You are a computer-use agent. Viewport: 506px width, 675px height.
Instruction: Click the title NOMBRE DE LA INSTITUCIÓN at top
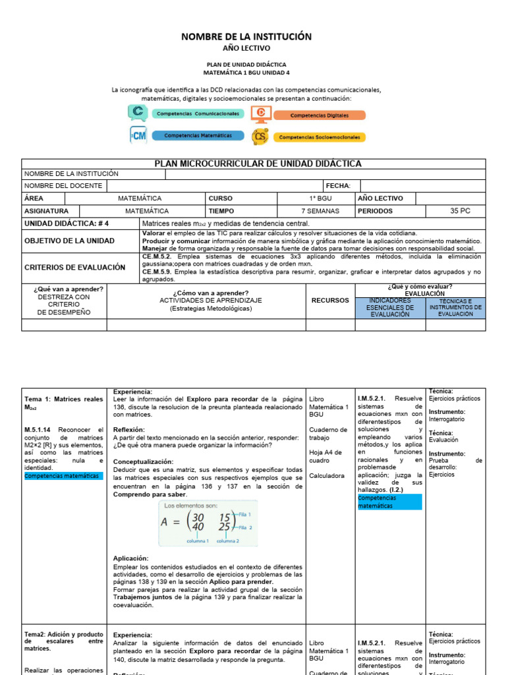coord(246,37)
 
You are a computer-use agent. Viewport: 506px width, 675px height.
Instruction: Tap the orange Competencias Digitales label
coord(319,115)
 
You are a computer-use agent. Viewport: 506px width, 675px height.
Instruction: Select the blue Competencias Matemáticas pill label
coord(198,136)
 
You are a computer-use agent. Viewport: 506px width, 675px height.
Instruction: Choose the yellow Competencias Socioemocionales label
coord(319,137)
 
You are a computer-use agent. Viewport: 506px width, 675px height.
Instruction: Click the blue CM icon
coord(138,136)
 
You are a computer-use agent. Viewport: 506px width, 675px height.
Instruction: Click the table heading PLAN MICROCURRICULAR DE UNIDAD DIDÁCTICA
coord(258,164)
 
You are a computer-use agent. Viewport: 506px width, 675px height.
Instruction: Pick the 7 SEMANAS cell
coord(320,211)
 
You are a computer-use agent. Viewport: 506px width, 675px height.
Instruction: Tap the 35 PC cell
coord(460,211)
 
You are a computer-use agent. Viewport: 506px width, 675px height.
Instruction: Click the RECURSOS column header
coord(330,301)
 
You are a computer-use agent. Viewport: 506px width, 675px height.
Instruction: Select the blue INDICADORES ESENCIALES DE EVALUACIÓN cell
coord(390,308)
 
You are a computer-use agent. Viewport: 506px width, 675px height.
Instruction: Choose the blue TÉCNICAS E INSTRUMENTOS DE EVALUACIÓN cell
coord(455,308)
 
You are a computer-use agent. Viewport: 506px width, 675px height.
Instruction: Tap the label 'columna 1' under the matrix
coord(198,541)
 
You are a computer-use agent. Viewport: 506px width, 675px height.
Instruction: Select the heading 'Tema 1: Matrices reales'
coord(63,399)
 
